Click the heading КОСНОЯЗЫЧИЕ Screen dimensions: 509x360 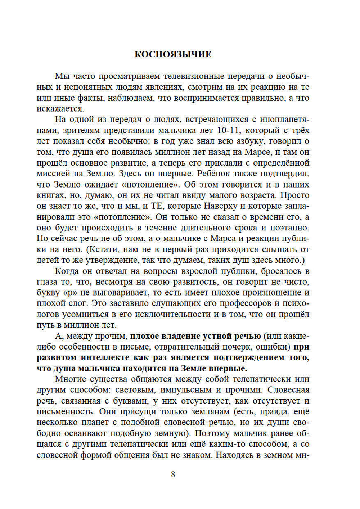[x=173, y=54]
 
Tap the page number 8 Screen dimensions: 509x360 [x=173, y=474]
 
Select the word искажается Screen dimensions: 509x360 [x=60, y=109]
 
